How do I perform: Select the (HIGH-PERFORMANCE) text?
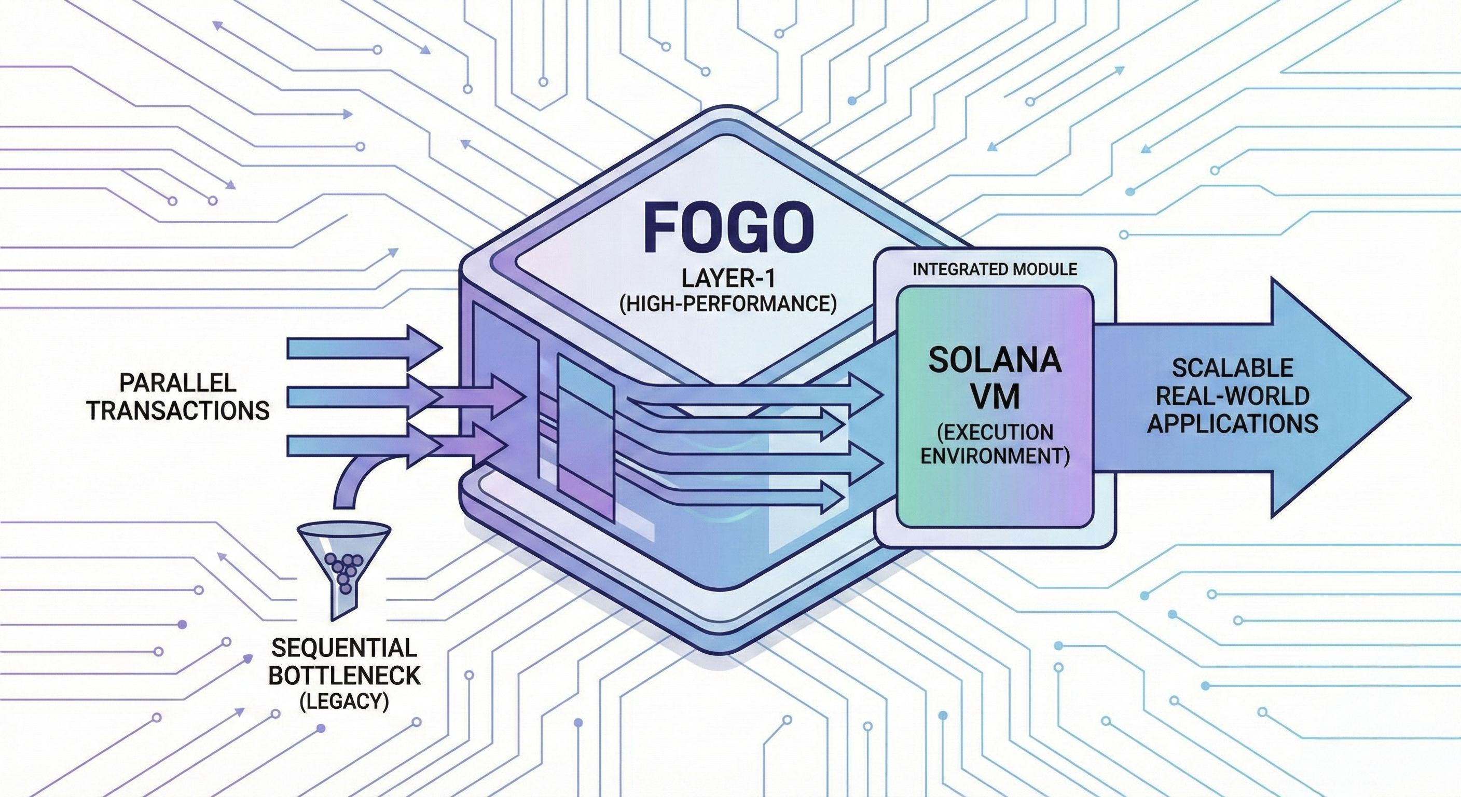coord(728,304)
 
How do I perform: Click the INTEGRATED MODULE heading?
coord(994,269)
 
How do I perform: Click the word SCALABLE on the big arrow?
coord(1232,368)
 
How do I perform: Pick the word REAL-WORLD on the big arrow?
coord(1232,395)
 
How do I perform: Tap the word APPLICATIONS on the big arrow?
coord(1232,423)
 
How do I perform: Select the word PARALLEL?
coord(177,383)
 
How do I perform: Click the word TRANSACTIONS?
coord(177,410)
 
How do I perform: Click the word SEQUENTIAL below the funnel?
coord(343,647)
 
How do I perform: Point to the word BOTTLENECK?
coord(343,676)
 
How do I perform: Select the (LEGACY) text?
coord(343,702)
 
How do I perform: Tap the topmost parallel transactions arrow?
coord(363,347)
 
